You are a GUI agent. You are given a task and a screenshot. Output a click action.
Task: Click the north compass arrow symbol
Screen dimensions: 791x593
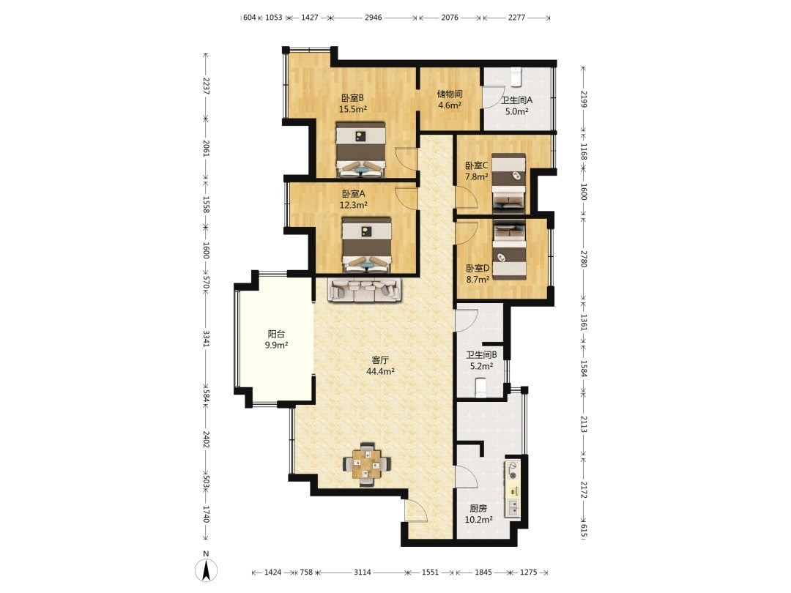click(206, 571)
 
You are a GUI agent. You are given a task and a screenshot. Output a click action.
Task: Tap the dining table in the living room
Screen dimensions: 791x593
click(367, 464)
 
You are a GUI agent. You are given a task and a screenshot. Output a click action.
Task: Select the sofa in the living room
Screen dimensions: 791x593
click(365, 290)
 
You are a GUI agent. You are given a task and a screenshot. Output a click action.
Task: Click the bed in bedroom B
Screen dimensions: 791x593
click(360, 149)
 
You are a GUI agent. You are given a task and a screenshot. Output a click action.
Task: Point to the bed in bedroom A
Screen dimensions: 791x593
click(367, 245)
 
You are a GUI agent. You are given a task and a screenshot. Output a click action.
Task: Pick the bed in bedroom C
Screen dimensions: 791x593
click(508, 182)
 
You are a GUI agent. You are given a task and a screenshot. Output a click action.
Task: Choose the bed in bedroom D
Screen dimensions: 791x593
click(509, 249)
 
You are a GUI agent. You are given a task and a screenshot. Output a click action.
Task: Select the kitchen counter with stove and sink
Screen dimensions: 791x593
click(513, 490)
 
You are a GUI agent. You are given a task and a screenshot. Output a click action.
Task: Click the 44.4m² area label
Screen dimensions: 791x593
click(380, 372)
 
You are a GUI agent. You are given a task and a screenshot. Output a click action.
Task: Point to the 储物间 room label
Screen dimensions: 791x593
click(450, 94)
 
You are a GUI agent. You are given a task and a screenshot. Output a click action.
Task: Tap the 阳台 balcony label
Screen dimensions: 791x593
click(276, 334)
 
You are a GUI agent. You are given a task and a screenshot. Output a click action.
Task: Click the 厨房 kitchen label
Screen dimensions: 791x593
click(478, 508)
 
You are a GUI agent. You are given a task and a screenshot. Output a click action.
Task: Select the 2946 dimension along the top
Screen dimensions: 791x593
click(374, 17)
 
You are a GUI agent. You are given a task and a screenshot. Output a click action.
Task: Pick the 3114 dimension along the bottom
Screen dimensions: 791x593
click(363, 573)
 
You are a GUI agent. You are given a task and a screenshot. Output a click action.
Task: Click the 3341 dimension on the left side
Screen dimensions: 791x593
click(206, 339)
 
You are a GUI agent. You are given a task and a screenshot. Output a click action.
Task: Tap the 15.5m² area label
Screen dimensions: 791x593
click(352, 108)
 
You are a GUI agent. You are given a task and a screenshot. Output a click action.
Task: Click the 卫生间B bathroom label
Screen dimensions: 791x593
click(481, 355)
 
